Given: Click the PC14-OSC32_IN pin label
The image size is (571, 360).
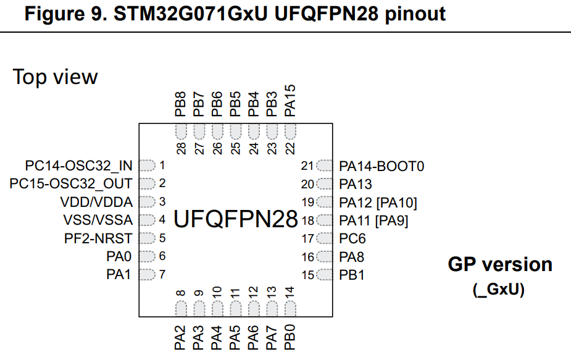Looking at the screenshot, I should pos(78,165).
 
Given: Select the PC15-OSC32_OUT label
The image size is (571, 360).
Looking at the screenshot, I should pos(71,184).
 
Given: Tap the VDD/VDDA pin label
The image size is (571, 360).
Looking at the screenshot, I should pos(96,202).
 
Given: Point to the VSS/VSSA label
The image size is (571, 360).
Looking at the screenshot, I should pos(98,220).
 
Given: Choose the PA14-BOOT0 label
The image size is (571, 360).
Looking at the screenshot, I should pos(381,165).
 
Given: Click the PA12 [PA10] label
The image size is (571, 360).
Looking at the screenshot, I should pos(378,202).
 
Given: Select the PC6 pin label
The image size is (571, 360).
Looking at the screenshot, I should pos(352,238).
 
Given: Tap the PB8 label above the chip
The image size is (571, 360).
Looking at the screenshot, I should pos(180,104).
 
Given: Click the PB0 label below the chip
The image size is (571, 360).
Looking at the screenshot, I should pos(290,339).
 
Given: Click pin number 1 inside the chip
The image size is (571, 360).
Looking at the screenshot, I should pos(162,165).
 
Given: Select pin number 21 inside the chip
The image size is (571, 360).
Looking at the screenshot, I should pos(307,165).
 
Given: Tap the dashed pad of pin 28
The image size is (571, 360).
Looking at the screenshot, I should pos(181,131).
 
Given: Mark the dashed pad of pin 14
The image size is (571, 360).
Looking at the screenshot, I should pos(290,308).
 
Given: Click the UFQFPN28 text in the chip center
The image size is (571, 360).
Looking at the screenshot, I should pos(236,219).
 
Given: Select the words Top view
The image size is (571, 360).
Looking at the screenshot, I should pos(55,77).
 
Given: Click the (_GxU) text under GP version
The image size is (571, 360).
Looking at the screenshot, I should pos(499,289).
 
